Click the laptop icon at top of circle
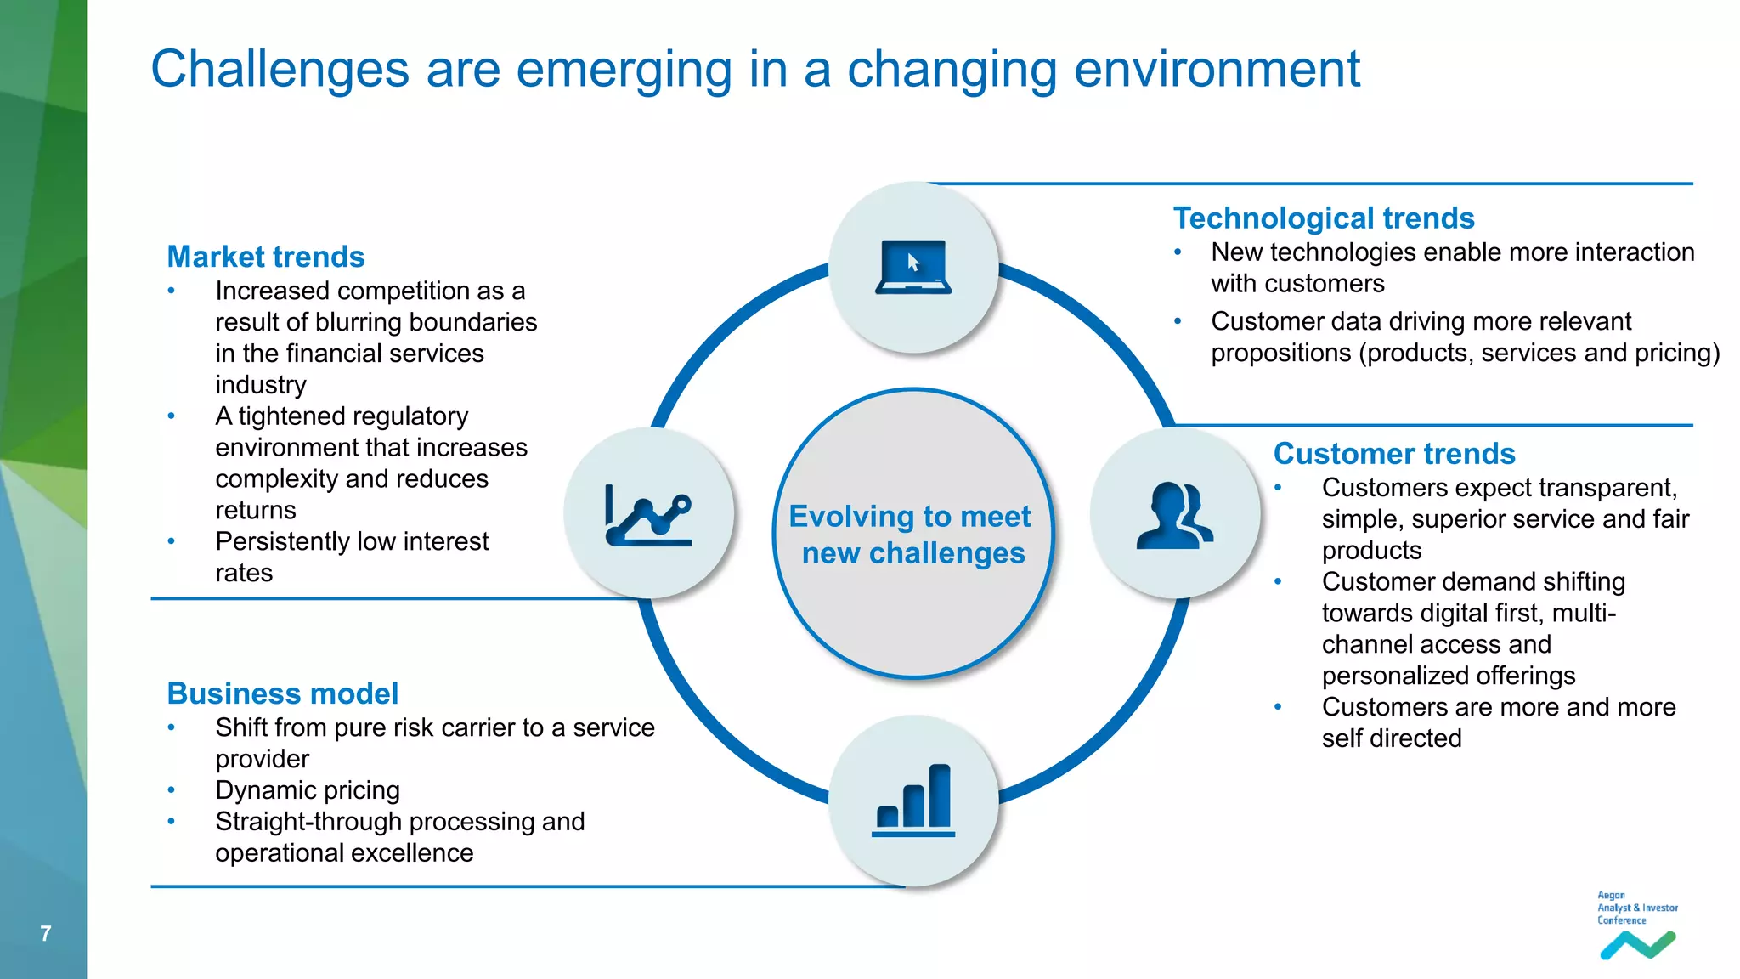coord(913,267)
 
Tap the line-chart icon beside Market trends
coord(648,514)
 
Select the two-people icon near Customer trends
coord(1175,515)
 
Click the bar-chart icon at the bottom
coord(913,800)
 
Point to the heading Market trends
coord(265,257)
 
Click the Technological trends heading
coord(1323,218)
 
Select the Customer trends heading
coord(1393,454)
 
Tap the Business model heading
coord(282,693)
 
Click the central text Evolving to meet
coord(909,517)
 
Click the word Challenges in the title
coord(280,69)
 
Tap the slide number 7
coord(46,933)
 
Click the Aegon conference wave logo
coord(1637,945)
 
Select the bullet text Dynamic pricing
coord(307,790)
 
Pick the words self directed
coord(1391,738)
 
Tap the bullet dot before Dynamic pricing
coord(172,790)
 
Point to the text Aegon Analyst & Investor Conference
coord(1636,908)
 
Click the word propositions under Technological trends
coord(1280,353)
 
